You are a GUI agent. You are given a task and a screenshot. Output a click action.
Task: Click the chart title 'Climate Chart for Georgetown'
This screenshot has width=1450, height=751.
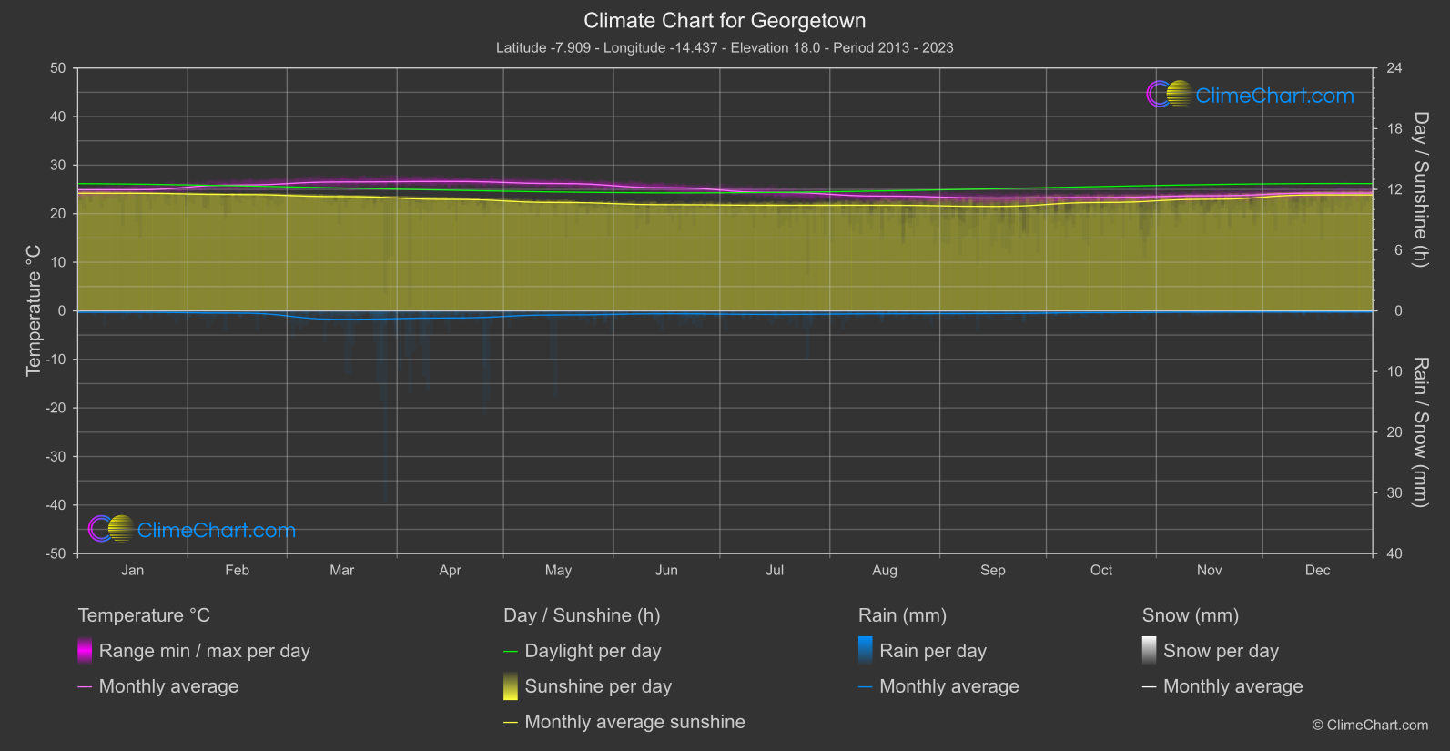pos(725,21)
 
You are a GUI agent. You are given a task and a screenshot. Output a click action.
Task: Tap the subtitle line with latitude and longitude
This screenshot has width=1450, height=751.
pos(725,47)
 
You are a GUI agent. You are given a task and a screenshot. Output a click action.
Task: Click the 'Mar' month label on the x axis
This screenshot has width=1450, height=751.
pos(341,570)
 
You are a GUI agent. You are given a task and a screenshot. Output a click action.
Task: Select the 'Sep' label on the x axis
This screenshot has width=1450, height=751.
pos(992,570)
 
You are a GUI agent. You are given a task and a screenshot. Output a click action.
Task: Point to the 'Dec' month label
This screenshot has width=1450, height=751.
pos(1317,570)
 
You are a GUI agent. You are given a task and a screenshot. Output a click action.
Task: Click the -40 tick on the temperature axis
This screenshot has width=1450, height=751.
pos(56,505)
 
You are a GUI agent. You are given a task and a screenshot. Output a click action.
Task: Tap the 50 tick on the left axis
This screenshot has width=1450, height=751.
pos(58,68)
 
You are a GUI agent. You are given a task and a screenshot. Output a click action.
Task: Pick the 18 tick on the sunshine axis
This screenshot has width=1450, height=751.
pos(1394,129)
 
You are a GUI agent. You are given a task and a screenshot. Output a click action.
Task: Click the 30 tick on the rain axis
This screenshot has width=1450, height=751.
pos(1394,493)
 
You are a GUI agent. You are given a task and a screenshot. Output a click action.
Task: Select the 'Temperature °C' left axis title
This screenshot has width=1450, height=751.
pos(34,310)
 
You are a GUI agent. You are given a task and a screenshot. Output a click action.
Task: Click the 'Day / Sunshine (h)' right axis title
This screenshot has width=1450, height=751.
pos(1420,189)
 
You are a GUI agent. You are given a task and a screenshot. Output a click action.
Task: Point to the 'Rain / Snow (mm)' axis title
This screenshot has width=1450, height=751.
pos(1420,432)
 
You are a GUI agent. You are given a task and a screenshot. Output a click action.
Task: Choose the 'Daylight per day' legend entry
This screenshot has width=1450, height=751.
pos(593,651)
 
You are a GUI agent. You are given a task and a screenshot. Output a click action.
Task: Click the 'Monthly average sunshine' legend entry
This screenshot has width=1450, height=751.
pos(634,722)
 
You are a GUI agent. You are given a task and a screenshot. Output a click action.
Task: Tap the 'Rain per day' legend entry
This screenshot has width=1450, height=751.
pos(932,651)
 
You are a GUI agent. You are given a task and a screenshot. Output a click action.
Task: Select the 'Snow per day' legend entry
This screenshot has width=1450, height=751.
pos(1221,651)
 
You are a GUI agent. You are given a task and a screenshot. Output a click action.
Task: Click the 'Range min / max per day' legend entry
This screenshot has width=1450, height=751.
pos(204,651)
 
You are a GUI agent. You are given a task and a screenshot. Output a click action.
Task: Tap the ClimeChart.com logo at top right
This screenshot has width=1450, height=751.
pos(1251,95)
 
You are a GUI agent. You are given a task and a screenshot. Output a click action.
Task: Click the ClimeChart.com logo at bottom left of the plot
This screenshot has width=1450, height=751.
pos(192,530)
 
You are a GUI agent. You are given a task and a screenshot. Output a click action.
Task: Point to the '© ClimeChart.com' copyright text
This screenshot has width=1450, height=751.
pos(1370,725)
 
